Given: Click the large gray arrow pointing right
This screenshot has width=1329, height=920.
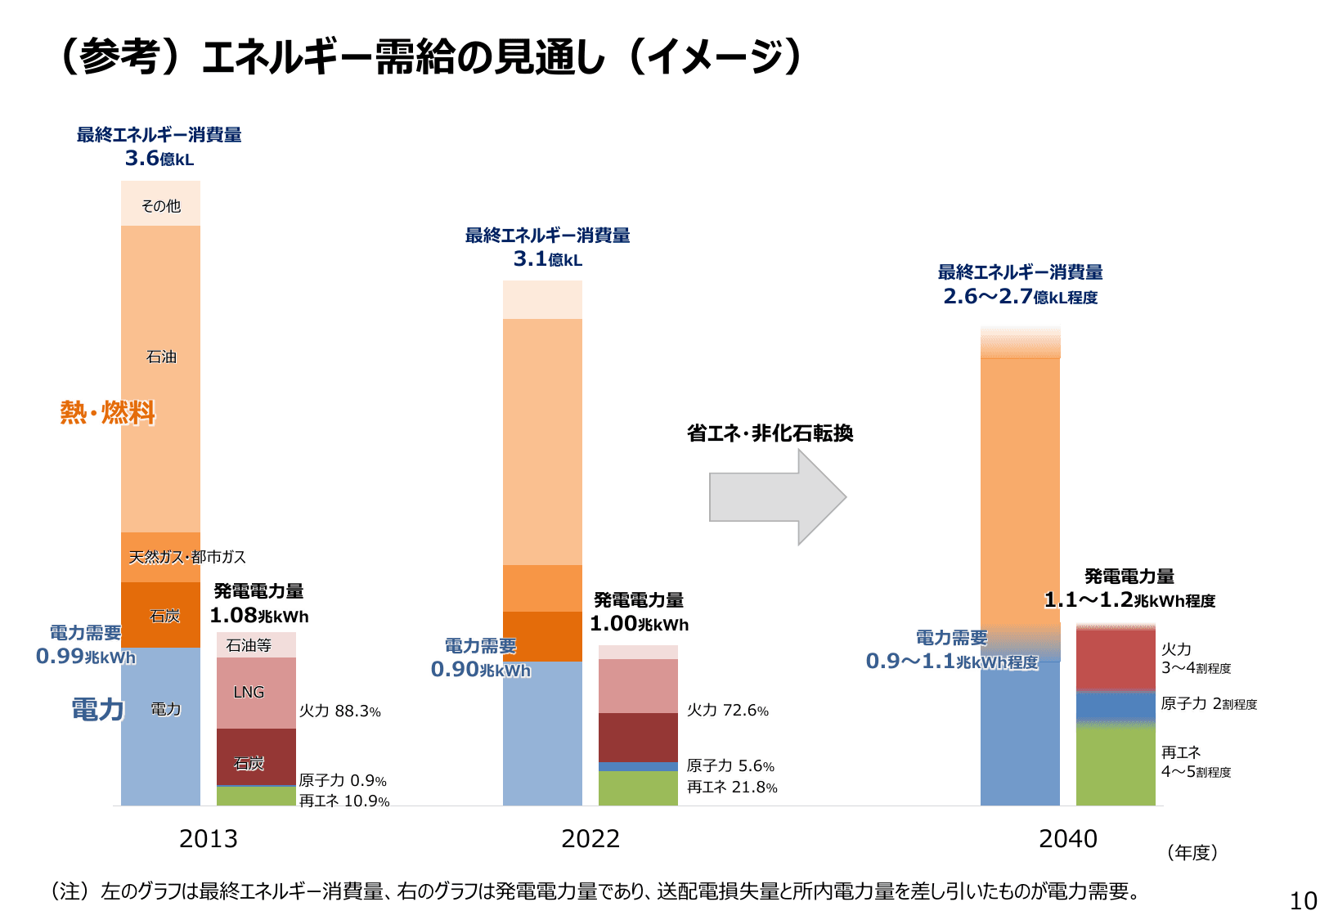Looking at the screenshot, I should pos(773,496).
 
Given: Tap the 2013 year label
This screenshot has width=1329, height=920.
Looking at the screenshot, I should pos(208,838).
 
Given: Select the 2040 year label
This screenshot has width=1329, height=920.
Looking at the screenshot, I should pos(1067,838).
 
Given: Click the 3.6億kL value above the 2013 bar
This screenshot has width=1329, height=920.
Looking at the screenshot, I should pos(159,159).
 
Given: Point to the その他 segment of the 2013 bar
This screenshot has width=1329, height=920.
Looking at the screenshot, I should pos(160,204).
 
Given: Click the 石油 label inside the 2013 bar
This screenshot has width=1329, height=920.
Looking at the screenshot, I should pos(161,357).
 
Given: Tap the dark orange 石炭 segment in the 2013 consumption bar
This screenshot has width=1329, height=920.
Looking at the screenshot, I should pos(160,616).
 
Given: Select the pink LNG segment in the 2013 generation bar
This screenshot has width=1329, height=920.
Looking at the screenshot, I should pos(255,693).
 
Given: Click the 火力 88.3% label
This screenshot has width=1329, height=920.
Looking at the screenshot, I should pos(339,711).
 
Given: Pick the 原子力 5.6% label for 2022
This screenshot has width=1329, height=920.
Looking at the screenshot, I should pos(730,766).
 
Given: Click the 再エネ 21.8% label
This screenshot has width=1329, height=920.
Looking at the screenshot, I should pos(731,787).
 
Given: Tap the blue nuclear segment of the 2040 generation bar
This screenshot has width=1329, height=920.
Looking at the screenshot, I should pos(1115,705).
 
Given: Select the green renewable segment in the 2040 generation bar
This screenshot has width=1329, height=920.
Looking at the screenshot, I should pos(1115,765).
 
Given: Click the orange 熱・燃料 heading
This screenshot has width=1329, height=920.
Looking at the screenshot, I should pos(107,412).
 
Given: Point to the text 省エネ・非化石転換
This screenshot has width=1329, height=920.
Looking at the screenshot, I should pos(770,433).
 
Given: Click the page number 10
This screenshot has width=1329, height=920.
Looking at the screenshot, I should pos(1303,900).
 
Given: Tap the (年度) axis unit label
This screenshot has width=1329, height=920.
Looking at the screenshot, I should pos(1192,852).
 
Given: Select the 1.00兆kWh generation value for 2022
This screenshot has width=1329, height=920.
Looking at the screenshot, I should pos(639,624).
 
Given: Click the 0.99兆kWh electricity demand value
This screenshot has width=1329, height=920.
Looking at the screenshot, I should pos(85,657).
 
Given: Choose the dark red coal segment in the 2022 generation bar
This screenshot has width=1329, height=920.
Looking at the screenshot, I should pos(638,737).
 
